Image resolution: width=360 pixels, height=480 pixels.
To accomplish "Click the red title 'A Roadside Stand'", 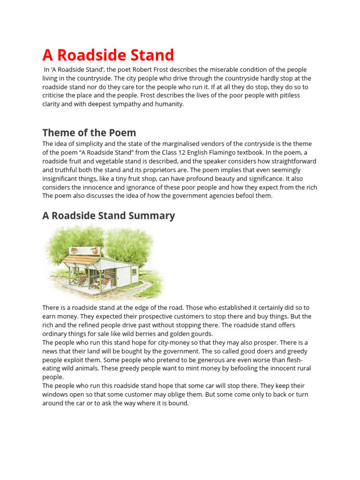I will pos(108,55).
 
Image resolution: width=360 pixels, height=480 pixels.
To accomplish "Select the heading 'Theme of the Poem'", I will pos(89,132).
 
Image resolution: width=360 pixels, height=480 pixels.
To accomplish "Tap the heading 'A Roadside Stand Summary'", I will pos(108,216).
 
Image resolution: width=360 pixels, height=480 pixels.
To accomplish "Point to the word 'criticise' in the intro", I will pos(56,96).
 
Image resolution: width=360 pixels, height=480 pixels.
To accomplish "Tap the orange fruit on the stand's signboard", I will pos(95,251).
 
